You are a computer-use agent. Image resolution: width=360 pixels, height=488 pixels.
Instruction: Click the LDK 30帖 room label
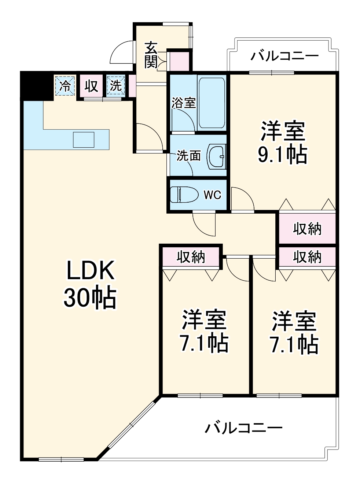pyautogui.click(x=90, y=284)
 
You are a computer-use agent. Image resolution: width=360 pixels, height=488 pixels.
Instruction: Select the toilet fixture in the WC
pyautogui.click(x=183, y=194)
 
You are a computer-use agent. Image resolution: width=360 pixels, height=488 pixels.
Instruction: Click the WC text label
pyautogui.click(x=212, y=195)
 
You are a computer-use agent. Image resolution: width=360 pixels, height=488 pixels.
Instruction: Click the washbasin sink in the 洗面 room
pyautogui.click(x=216, y=156)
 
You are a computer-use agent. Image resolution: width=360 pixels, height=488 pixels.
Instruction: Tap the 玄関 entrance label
pyautogui.click(x=151, y=55)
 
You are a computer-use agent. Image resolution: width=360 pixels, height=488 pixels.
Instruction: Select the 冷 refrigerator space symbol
pyautogui.click(x=65, y=86)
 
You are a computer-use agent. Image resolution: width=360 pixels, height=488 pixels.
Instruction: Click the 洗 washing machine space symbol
pyautogui.click(x=115, y=86)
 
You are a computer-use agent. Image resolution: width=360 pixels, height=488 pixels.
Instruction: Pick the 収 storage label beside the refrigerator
pyautogui.click(x=91, y=86)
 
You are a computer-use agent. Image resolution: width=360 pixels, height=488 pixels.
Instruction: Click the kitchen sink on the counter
pyautogui.click(x=84, y=140)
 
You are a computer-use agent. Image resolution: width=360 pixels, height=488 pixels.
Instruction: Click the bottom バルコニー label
pyautogui.click(x=244, y=428)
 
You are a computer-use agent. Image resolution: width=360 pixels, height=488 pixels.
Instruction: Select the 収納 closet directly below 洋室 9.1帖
pyautogui.click(x=307, y=229)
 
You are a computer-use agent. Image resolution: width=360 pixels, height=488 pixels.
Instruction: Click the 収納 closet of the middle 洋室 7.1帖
pyautogui.click(x=191, y=257)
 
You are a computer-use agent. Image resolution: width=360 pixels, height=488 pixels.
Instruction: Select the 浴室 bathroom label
pyautogui.click(x=184, y=103)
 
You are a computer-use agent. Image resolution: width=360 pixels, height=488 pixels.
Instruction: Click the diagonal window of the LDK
pyautogui.click(x=129, y=427)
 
